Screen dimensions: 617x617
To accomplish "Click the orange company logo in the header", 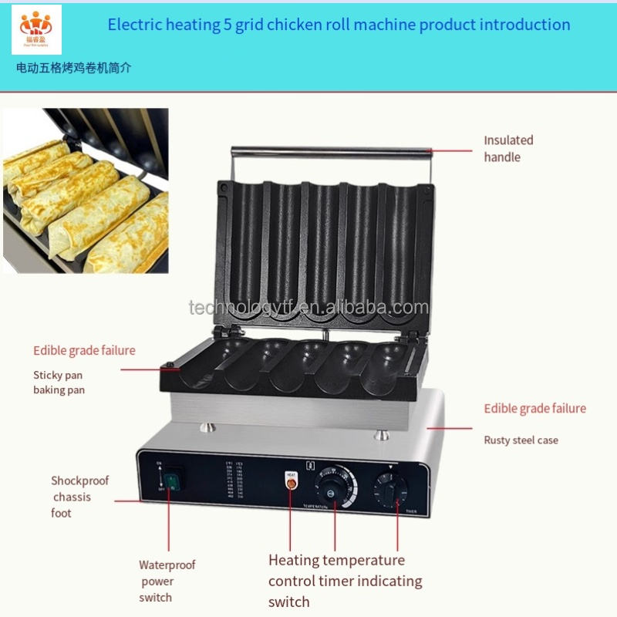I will coord(36,29).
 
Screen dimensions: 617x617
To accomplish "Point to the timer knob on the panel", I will coord(390,488).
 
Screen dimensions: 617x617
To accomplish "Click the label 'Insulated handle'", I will coord(508,149).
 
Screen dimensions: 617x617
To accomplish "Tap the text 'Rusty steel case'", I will coord(521,440).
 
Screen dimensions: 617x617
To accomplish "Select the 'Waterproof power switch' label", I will coord(167,581).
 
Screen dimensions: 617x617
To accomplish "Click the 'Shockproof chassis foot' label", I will coord(79,497).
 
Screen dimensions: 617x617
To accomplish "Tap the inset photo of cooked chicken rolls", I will coord(86,190).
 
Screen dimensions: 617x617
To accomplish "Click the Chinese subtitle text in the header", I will coord(74,68).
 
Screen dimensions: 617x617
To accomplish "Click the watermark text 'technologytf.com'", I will coord(308,308).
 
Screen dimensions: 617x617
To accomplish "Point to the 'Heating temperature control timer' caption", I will coord(345,581).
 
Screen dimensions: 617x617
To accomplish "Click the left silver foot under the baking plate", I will coord(207,427).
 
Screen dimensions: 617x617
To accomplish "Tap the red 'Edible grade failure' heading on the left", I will coord(84,351).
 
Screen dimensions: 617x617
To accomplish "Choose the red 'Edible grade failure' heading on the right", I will coord(534,409).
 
